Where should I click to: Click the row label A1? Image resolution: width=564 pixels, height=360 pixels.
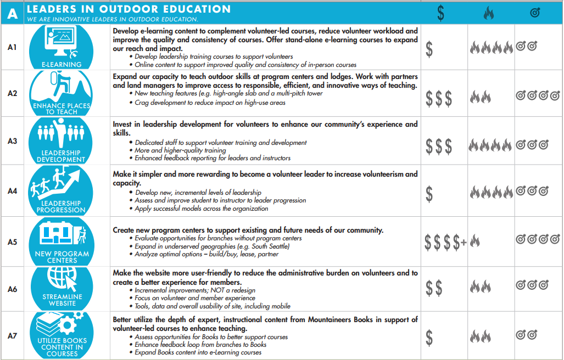point(12,47)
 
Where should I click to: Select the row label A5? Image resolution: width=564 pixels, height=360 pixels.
point(12,242)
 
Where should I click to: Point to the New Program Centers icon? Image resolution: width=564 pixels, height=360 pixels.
point(62,241)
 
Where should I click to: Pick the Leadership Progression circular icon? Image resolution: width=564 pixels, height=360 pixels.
point(62,190)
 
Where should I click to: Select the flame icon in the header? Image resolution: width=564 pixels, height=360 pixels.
point(488,13)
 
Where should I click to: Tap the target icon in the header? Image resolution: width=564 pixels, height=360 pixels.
point(535,13)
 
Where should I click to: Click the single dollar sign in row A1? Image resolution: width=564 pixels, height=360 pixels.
point(429,49)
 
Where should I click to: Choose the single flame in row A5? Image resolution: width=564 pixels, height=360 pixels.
point(475,241)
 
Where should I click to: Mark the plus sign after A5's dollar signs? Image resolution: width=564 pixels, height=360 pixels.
point(464,243)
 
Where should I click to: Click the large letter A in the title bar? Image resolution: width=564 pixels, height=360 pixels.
point(12,13)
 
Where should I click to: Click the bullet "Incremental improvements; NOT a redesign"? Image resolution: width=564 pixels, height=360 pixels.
point(195,290)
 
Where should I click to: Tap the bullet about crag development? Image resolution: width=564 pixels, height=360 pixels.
point(210,102)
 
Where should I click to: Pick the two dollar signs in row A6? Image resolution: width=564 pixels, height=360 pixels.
point(434,288)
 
